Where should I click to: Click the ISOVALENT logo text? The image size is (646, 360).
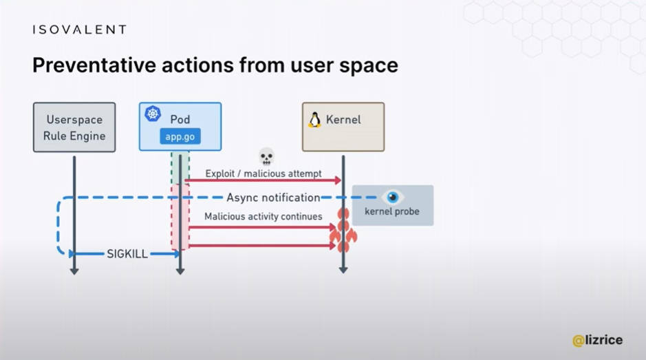pos(80,30)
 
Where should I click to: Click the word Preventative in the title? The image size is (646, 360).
pos(94,65)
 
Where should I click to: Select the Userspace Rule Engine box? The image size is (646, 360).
pos(74,127)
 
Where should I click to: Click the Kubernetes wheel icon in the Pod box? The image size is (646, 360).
pos(153,114)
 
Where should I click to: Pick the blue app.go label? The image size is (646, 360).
pos(180,136)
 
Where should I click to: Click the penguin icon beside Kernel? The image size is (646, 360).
pos(315,120)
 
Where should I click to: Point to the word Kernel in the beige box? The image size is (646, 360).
pos(343,120)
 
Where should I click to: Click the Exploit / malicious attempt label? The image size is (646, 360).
pos(263,173)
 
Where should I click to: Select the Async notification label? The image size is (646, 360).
pos(273,198)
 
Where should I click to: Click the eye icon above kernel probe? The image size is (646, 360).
pos(392,197)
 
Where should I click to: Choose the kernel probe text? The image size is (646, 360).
pos(392,211)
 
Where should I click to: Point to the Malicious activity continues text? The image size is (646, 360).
pos(263,217)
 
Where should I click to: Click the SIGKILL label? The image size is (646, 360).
pos(127,254)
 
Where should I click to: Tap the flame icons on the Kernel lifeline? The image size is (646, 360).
pos(343,230)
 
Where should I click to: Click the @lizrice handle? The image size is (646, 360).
pos(597,340)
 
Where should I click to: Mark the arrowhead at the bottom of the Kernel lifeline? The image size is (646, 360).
pos(343,270)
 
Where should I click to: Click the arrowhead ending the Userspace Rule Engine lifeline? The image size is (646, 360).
pos(74,271)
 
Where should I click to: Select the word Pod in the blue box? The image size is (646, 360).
pos(180,120)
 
